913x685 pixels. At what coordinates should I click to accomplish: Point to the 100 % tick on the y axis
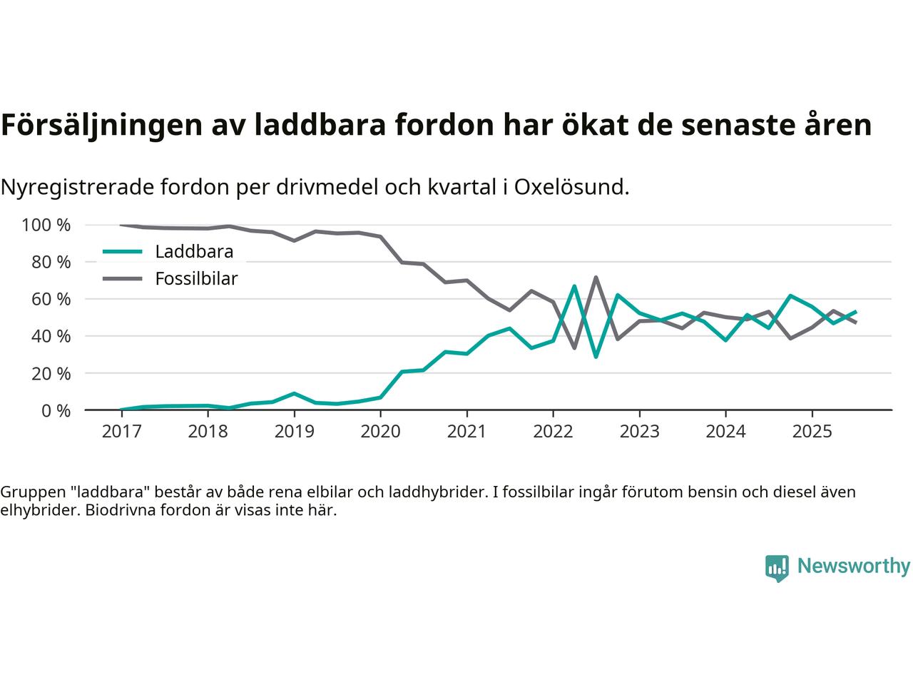tap(46, 225)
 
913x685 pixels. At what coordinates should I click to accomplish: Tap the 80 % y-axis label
tap(52, 262)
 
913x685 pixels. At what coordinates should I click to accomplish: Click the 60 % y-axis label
tap(52, 299)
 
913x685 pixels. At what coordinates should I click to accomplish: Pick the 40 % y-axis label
tap(52, 336)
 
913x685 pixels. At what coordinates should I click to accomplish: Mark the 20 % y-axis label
tap(52, 373)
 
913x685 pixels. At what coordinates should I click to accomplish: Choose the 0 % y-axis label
tap(56, 410)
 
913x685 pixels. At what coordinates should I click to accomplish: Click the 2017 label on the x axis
tap(121, 432)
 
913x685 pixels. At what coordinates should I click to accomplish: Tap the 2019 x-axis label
tap(294, 432)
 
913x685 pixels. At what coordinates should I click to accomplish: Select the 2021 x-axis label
tap(466, 432)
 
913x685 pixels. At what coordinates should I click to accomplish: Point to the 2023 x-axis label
tap(639, 432)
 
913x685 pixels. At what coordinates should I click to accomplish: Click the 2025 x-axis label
tap(812, 432)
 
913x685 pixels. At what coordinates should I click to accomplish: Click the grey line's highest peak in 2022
tap(596, 278)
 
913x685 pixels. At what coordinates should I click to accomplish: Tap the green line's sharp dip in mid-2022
tap(596, 356)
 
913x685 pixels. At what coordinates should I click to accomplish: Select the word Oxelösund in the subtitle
tap(571, 187)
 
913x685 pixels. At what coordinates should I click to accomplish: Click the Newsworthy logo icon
tap(776, 568)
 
